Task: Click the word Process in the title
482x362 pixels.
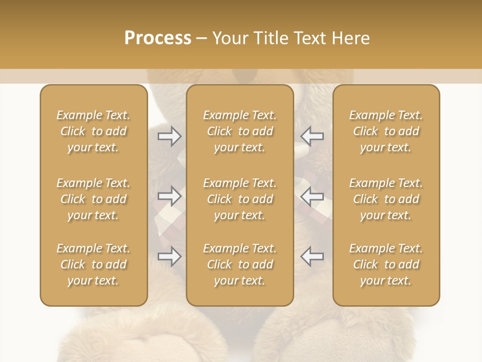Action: [158, 38]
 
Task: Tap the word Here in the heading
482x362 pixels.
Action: [349, 38]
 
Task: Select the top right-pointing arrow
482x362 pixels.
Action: [170, 135]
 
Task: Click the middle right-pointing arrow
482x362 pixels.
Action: [170, 196]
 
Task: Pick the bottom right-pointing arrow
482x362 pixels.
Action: [170, 256]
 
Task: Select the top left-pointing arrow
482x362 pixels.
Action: [312, 135]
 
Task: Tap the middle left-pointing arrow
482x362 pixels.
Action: [312, 196]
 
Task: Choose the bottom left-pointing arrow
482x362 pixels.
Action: [312, 256]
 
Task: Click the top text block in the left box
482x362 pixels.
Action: [93, 131]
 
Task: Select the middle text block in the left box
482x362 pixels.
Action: [93, 199]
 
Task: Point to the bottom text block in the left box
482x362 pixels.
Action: [93, 264]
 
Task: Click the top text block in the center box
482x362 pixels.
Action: [239, 131]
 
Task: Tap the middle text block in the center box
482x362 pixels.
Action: [239, 199]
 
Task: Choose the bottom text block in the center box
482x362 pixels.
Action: [239, 264]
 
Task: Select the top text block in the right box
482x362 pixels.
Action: [386, 131]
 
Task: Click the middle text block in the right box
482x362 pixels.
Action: [386, 199]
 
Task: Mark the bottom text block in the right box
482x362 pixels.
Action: [386, 264]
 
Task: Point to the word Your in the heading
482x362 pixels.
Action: [228, 38]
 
